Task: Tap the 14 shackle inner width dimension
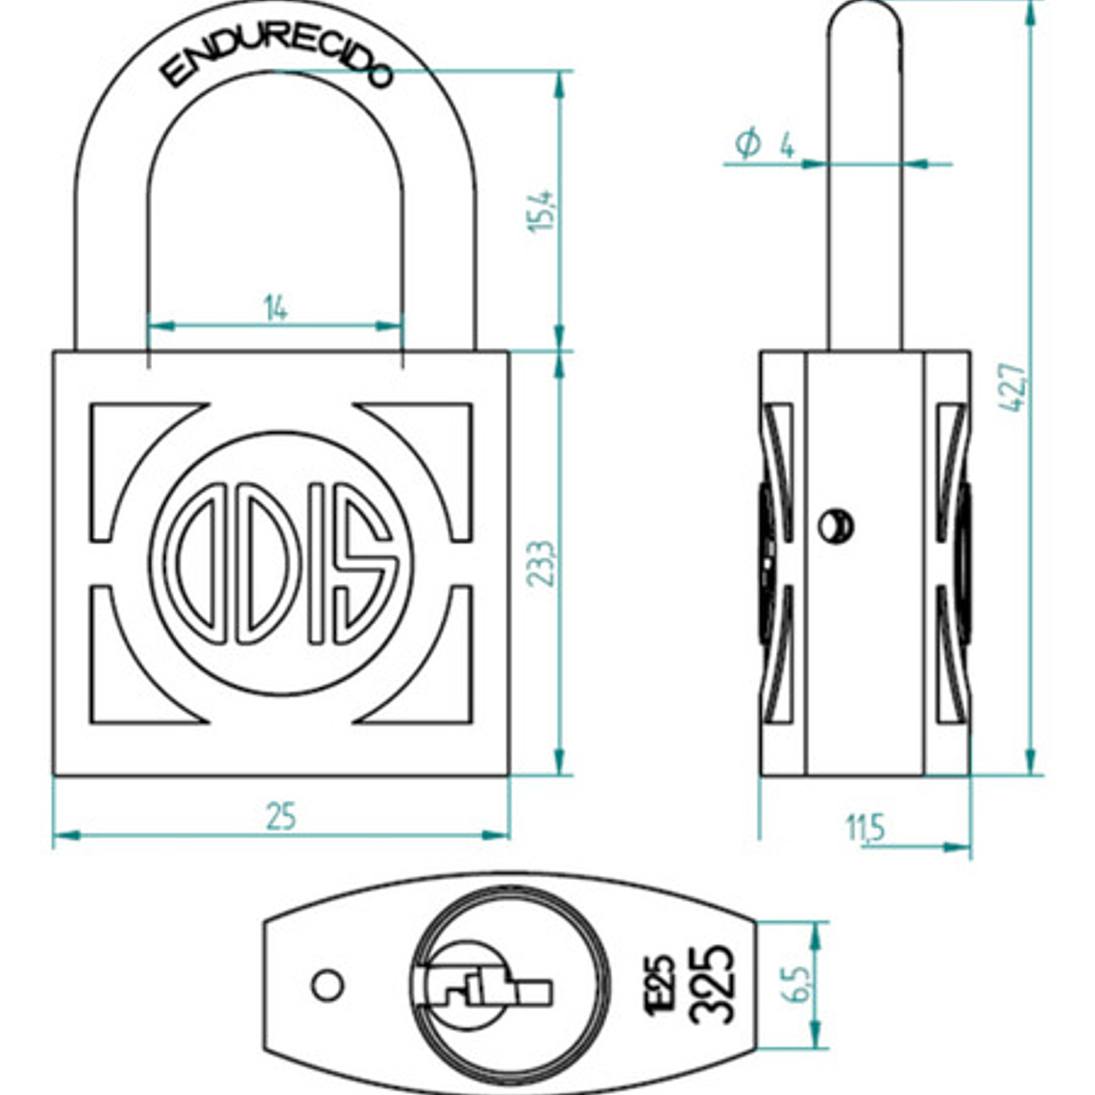pos(276,308)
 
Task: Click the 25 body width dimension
pos(280,816)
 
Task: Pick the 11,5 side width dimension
pos(864,827)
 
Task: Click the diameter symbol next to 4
pos(747,144)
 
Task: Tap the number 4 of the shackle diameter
pos(787,146)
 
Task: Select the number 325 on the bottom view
pos(713,985)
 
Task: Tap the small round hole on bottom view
pos(328,985)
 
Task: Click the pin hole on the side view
pos(835,524)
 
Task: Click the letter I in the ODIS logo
pos(316,562)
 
